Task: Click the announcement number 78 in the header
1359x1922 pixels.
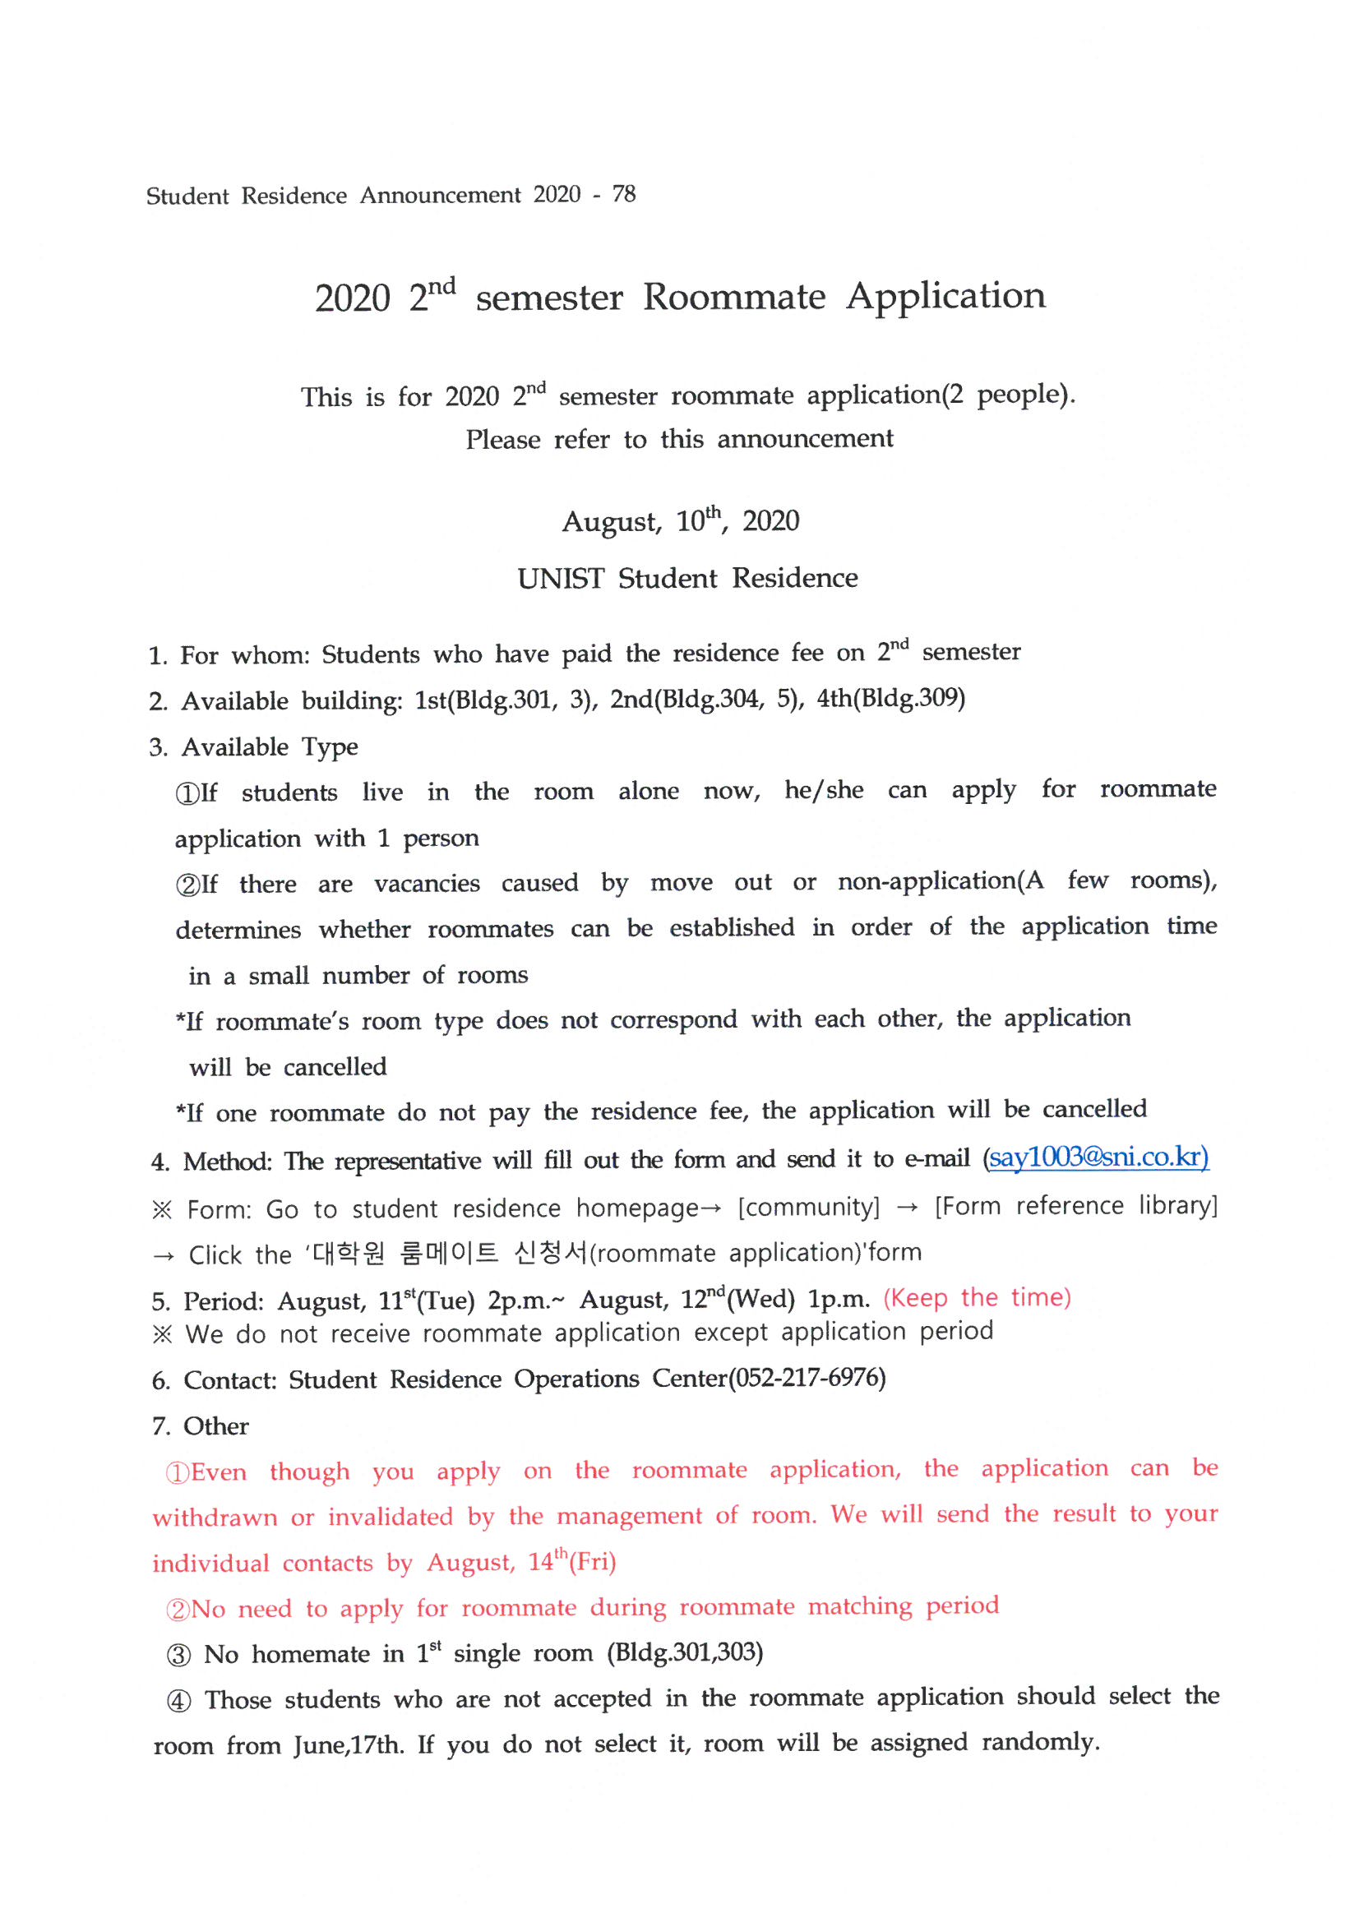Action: tap(624, 194)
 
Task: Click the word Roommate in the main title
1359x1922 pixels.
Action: tap(733, 297)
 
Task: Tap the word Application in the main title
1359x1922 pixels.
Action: tap(945, 295)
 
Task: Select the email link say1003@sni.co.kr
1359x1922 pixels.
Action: tap(1098, 1157)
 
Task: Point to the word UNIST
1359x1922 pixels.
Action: tap(560, 579)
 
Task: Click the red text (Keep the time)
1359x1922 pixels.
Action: tap(977, 1297)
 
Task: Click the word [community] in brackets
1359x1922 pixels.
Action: tap(808, 1206)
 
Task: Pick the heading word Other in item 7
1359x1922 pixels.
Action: tap(216, 1425)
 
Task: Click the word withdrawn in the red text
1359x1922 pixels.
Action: tap(215, 1517)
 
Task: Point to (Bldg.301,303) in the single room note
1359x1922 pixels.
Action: tap(685, 1652)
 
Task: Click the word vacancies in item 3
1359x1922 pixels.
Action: tap(427, 883)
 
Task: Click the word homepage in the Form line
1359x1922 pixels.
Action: tap(636, 1207)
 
